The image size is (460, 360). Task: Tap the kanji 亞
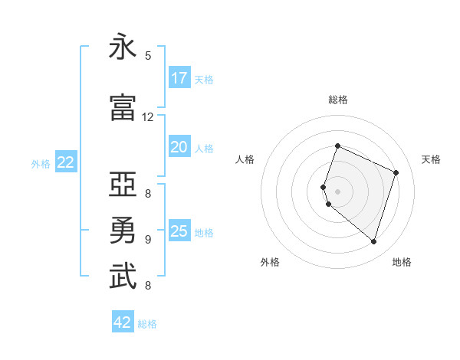pos(123,185)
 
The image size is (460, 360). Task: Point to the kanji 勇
pos(123,231)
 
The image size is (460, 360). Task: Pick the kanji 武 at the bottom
pos(123,277)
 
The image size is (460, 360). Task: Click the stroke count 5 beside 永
pos(148,56)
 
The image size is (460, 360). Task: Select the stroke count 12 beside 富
pos(148,117)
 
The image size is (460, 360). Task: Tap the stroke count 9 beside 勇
pos(148,239)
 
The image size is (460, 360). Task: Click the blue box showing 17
pos(179,78)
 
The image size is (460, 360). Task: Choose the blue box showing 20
pos(179,148)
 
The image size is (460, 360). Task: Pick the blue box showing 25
pos(179,231)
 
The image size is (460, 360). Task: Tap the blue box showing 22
pos(66,162)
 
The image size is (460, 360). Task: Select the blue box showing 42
pos(123,322)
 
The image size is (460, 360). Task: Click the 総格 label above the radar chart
pos(338,100)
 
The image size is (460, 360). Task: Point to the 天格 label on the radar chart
pos(431,159)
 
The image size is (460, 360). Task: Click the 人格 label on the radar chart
pos(245,159)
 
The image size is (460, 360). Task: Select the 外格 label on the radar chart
pos(270,262)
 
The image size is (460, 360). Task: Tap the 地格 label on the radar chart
pos(402,262)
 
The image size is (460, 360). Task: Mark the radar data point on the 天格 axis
pos(396,172)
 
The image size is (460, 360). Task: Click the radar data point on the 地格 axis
pos(373,242)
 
